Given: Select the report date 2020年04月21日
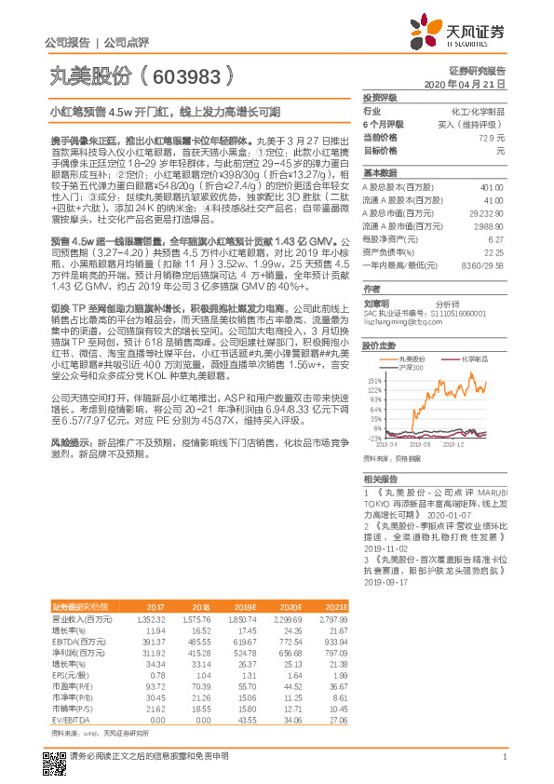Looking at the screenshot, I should (471, 84).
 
